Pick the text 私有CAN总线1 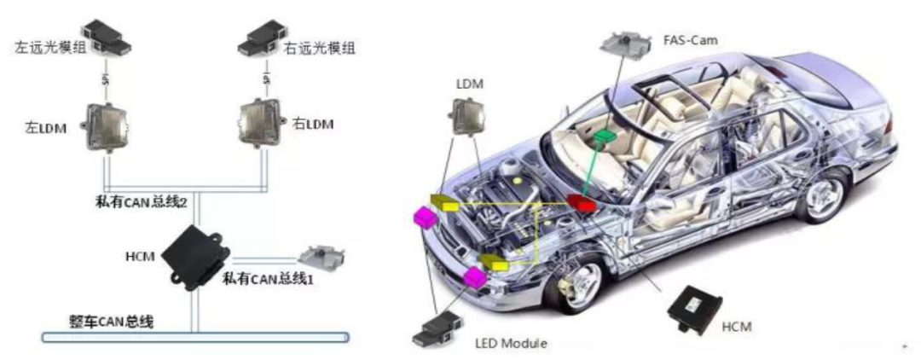coord(268,278)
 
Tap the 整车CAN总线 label coord(111,322)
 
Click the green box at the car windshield coord(604,137)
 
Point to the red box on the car coord(582,203)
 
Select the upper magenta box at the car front coord(425,218)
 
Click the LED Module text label coord(510,344)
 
